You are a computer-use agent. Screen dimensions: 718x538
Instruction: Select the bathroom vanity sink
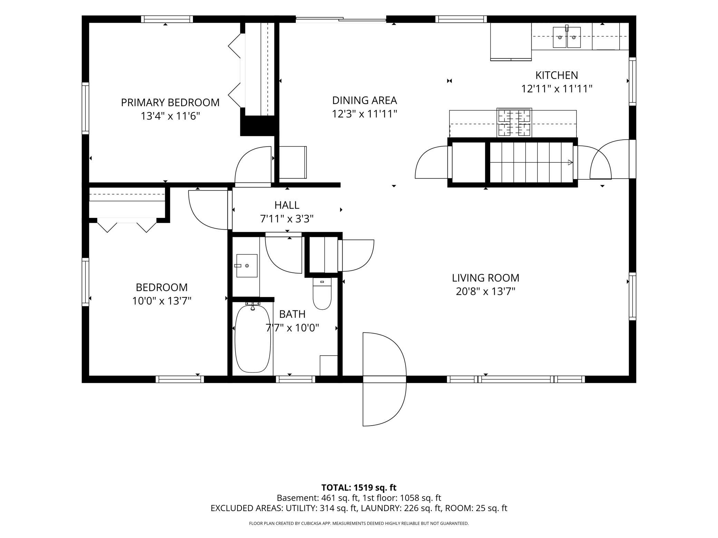click(x=246, y=266)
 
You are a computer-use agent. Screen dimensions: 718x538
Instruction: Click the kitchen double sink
click(x=566, y=37)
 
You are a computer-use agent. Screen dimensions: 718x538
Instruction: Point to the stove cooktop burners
click(x=514, y=123)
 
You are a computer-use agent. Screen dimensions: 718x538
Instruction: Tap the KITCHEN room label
click(x=556, y=75)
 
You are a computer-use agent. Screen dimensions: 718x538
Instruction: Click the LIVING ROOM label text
click(x=485, y=278)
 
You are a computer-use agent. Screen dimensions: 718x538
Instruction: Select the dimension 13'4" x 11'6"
click(x=170, y=116)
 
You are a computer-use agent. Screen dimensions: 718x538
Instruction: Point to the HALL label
click(x=287, y=205)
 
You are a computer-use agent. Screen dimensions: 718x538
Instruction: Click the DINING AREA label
click(x=365, y=100)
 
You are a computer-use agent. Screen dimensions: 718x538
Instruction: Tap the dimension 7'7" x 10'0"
click(x=292, y=328)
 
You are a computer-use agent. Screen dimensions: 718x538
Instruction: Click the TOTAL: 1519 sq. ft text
click(x=359, y=488)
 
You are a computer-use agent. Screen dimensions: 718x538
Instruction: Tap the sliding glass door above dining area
click(x=341, y=20)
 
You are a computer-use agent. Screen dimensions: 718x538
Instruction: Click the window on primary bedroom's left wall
click(x=85, y=108)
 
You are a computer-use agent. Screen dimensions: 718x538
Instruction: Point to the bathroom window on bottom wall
click(x=295, y=379)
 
